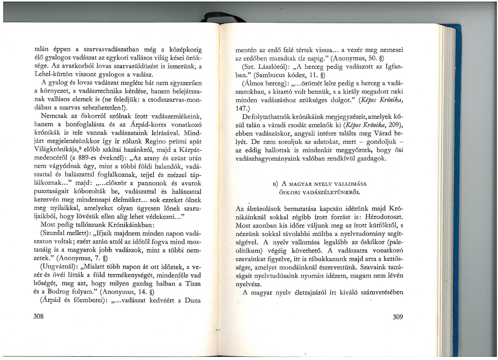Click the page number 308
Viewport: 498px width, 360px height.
coord(38,316)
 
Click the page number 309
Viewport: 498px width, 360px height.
coord(398,317)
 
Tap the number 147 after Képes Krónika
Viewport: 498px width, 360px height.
coord(241,108)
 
